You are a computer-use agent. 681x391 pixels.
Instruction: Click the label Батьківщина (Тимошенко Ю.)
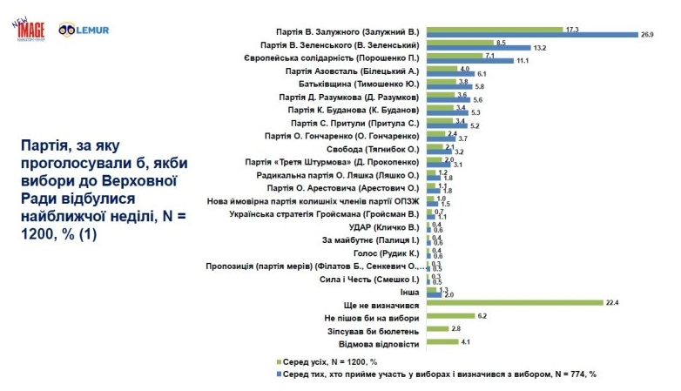[367, 84]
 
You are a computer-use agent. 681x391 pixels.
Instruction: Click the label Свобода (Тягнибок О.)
[381, 150]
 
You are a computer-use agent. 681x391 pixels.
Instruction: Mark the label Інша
[412, 293]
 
